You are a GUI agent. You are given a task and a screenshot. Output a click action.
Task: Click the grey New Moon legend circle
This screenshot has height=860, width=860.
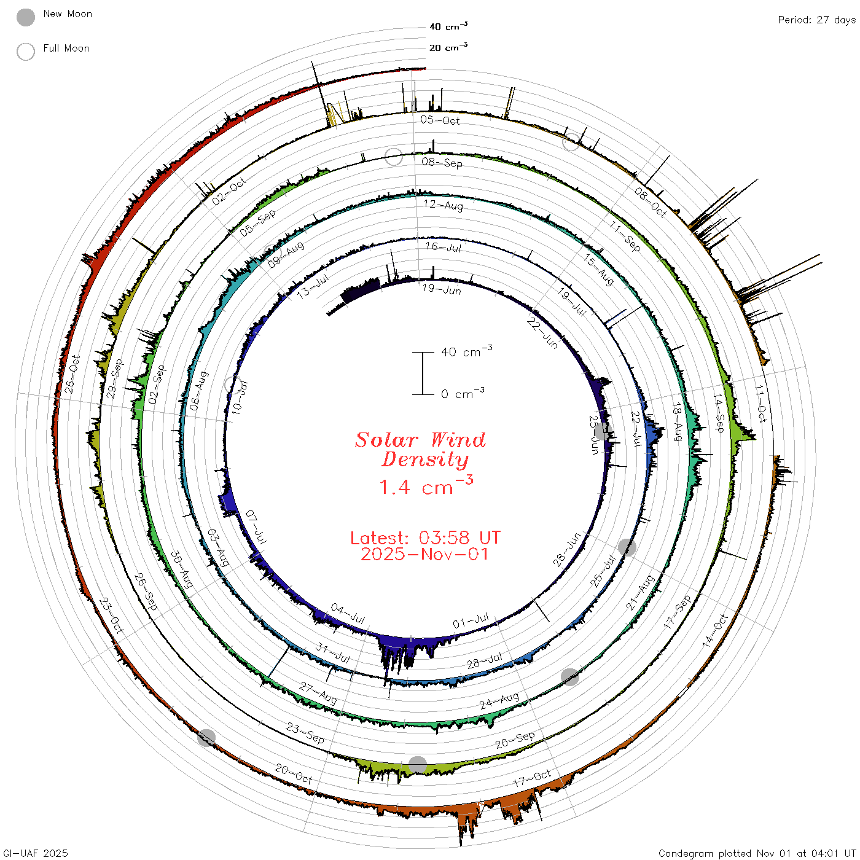(x=25, y=17)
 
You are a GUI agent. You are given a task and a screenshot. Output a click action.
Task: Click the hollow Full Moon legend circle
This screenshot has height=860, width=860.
(x=25, y=52)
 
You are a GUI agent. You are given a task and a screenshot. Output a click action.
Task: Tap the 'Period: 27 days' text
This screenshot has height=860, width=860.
(x=816, y=20)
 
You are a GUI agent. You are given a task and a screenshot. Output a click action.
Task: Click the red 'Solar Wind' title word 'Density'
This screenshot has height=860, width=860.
(x=425, y=459)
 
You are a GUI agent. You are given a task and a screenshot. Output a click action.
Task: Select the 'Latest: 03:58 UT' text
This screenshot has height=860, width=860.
(x=425, y=537)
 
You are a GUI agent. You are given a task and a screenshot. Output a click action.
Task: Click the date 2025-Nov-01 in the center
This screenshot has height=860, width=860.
(x=424, y=554)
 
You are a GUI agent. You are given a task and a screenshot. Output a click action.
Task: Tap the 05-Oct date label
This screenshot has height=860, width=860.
(x=440, y=120)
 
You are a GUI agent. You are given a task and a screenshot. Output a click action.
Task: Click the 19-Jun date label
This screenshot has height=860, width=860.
(x=442, y=289)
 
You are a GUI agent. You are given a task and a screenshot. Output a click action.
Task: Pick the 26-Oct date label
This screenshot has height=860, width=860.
(x=72, y=375)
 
